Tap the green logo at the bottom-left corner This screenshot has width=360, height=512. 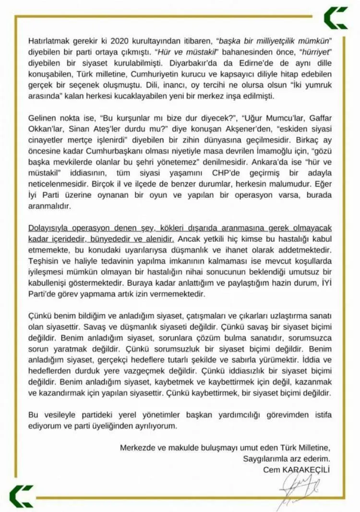pos(21,496)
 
